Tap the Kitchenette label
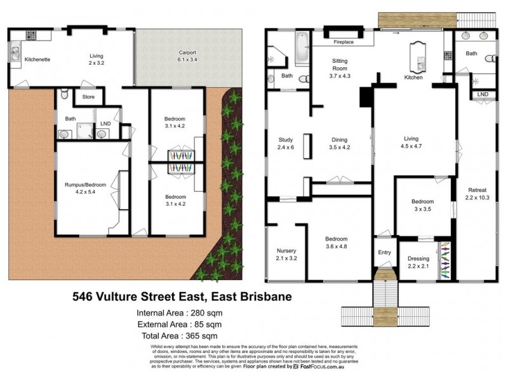tap(37, 60)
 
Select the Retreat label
tap(478, 189)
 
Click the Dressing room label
tap(418, 258)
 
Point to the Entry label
tap(385, 252)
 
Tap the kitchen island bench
tap(418, 55)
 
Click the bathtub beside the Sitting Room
tap(302, 47)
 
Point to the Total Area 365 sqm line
tap(179, 335)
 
